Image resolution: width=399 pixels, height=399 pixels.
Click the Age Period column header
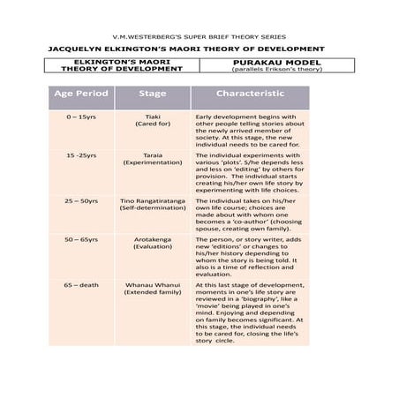pyautogui.click(x=81, y=93)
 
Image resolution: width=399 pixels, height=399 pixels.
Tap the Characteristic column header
pyautogui.click(x=250, y=93)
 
